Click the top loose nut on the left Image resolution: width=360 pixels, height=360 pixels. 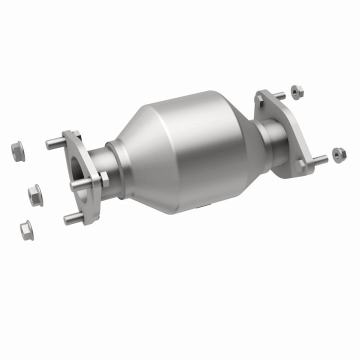[16, 150]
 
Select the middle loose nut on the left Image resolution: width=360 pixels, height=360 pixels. [35, 194]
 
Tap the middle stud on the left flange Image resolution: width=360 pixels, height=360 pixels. [79, 184]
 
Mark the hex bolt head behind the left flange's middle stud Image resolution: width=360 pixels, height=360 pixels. [104, 179]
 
